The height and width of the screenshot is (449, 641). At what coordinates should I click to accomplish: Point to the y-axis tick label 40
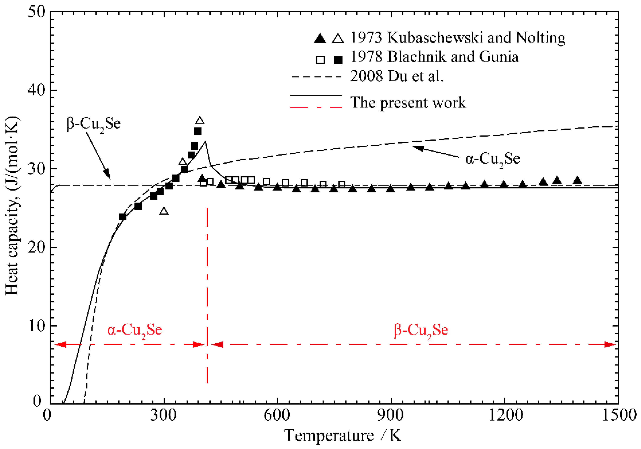[37, 90]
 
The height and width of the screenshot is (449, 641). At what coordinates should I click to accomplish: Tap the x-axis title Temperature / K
[342, 435]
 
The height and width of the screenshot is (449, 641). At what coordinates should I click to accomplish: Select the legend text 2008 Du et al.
[397, 76]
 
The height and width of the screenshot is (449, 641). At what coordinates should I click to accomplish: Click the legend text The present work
[408, 102]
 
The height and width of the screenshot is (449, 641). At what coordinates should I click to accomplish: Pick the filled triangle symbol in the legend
[320, 38]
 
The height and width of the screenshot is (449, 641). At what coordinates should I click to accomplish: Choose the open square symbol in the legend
[320, 60]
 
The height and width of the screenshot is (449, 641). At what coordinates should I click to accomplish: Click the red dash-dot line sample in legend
[316, 107]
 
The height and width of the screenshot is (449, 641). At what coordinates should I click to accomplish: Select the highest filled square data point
[198, 131]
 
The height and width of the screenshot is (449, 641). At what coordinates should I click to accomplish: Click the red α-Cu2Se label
[135, 330]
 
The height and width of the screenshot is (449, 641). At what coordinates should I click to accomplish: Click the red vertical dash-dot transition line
[207, 293]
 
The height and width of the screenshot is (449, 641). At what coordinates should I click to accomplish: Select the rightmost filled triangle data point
[577, 180]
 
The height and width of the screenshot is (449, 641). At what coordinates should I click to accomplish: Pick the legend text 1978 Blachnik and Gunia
[434, 57]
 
